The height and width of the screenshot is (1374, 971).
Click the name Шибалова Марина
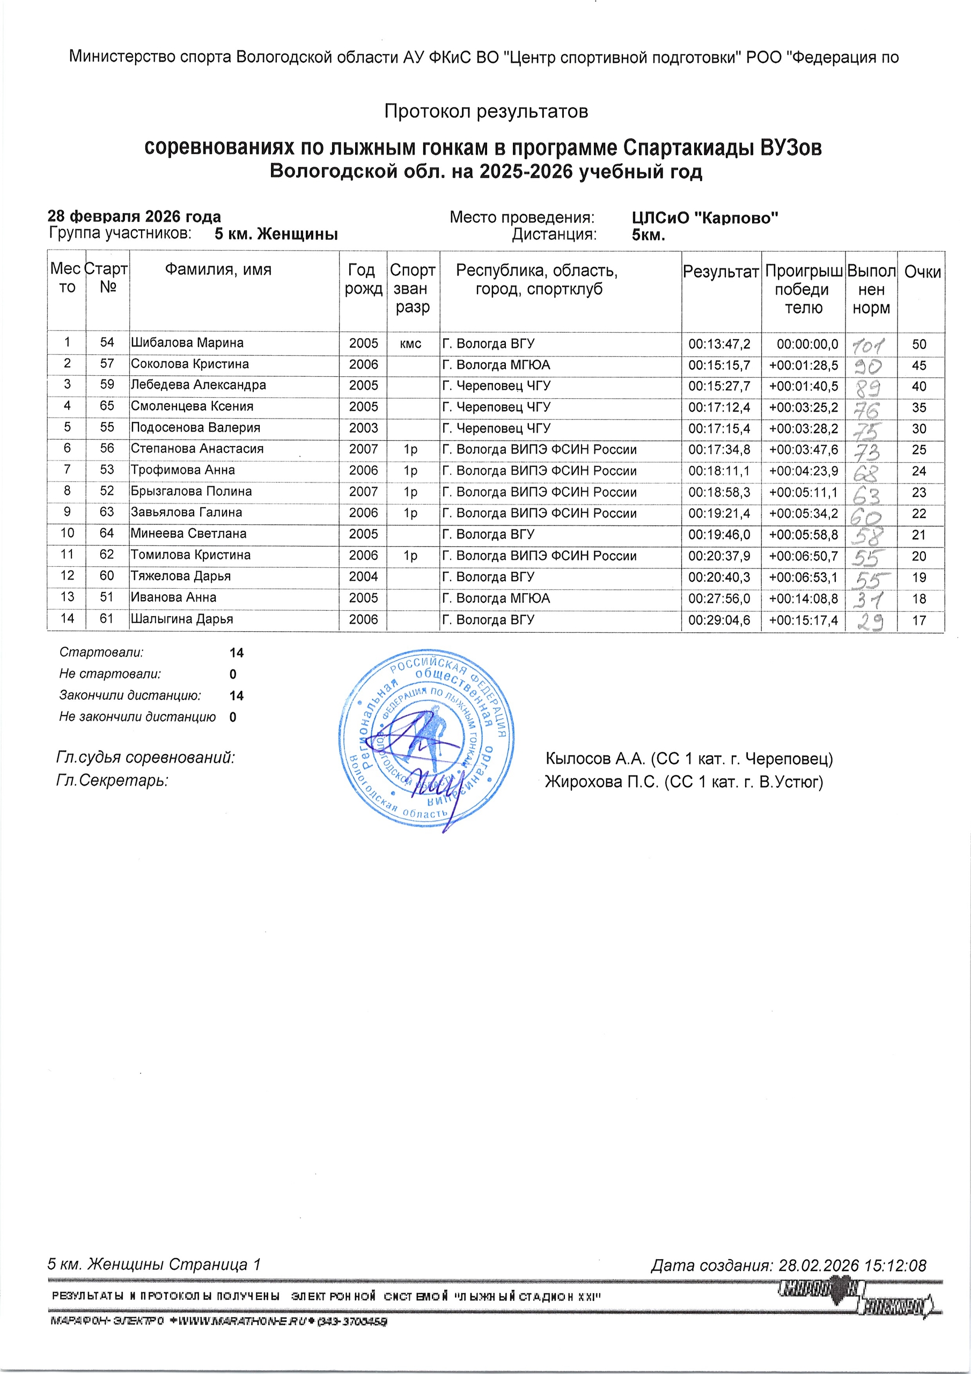187,343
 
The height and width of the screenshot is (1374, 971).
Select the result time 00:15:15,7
719,365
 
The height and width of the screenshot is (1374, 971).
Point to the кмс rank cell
410,343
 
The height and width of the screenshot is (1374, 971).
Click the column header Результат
720,272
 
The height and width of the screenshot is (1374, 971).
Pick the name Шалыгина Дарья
182,619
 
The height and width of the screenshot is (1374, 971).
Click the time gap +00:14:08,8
804,598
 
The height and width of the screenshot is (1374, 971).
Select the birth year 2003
364,428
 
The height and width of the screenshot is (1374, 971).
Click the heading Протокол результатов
486,111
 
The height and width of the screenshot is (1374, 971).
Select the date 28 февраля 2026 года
134,217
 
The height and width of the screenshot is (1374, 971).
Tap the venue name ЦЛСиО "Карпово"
705,218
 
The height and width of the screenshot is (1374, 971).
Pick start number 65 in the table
107,406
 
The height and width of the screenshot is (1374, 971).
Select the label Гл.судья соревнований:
145,758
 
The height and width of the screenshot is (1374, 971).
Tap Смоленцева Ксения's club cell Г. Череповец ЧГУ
496,407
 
